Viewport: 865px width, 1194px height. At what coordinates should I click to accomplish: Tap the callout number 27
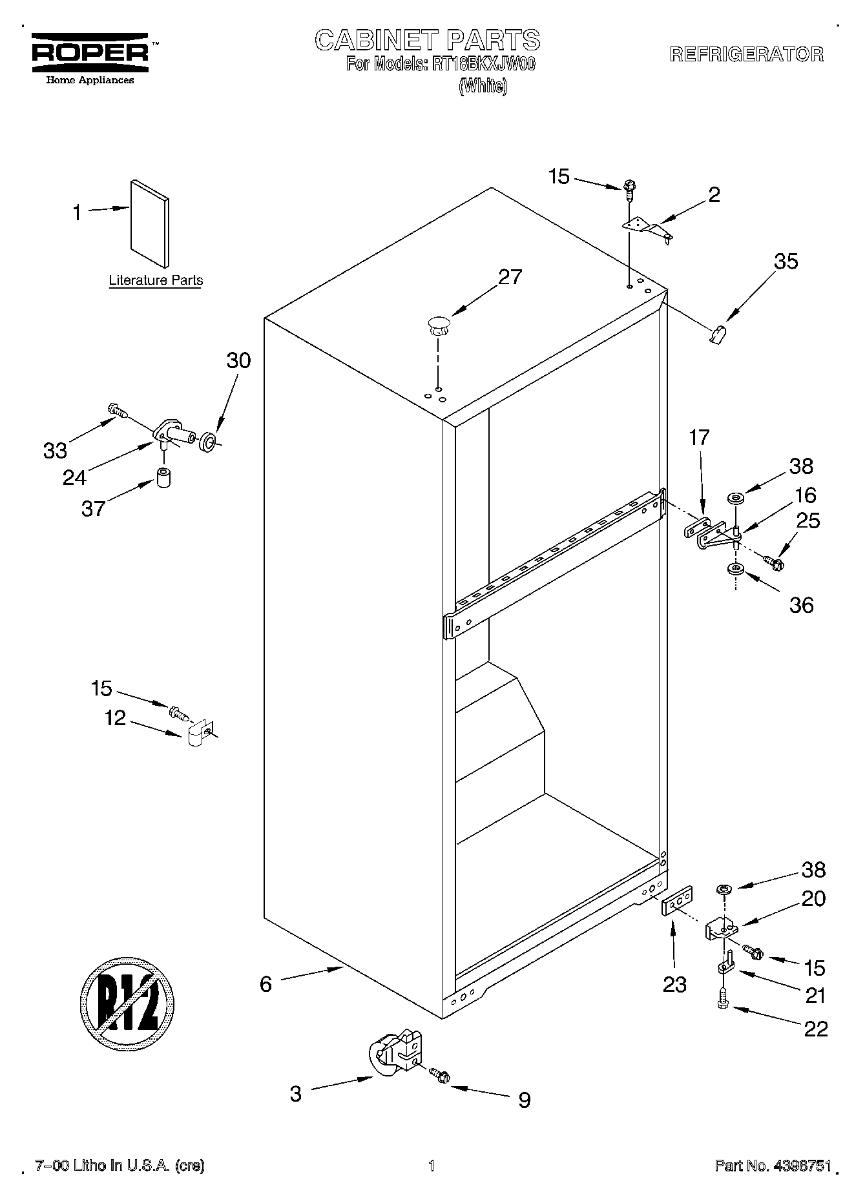(510, 277)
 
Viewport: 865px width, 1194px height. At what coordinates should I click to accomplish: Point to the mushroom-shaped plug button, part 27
(438, 325)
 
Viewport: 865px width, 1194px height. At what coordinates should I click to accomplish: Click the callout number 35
(786, 262)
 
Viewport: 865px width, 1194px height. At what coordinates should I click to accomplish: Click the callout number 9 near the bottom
(525, 1100)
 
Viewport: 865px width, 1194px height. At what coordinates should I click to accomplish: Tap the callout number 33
(55, 451)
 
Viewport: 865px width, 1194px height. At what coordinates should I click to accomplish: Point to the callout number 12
(115, 718)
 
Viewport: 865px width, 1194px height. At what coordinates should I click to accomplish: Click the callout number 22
(816, 1029)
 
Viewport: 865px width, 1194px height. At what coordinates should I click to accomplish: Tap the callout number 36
(801, 605)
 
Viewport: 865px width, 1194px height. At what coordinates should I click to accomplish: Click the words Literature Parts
(155, 280)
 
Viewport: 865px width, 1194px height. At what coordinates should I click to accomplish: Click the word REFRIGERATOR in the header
(746, 54)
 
